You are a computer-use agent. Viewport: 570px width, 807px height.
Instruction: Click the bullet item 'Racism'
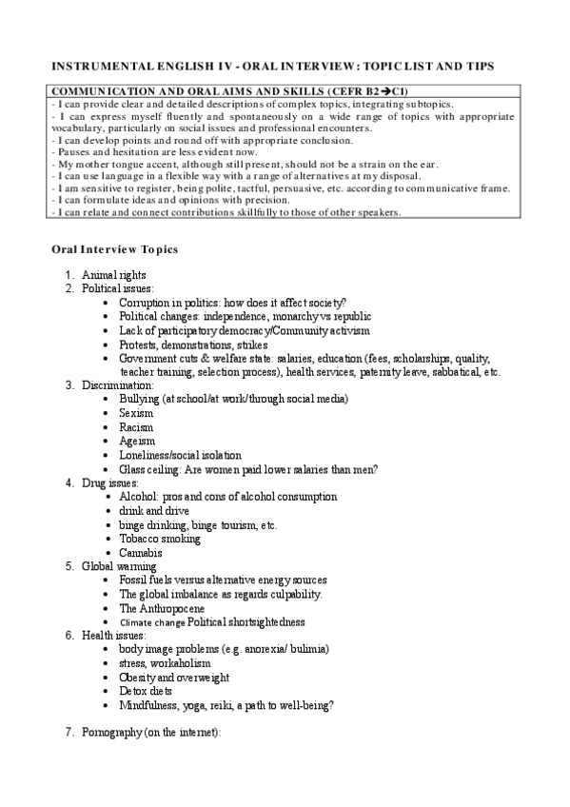pyautogui.click(x=136, y=427)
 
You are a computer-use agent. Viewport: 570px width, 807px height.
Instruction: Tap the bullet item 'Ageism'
pyautogui.click(x=136, y=442)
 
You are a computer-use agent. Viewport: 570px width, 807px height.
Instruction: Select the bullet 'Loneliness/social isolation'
pyautogui.click(x=180, y=455)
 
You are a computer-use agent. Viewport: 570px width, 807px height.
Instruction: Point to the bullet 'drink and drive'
pyautogui.click(x=154, y=511)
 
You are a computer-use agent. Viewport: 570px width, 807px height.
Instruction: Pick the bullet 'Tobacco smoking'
pyautogui.click(x=159, y=539)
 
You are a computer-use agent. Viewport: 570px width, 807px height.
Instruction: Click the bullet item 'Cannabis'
pyautogui.click(x=140, y=553)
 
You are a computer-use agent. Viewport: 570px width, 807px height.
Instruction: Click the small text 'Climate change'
pyautogui.click(x=151, y=622)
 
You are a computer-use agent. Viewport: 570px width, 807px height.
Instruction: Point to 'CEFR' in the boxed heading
pyautogui.click(x=358, y=90)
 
